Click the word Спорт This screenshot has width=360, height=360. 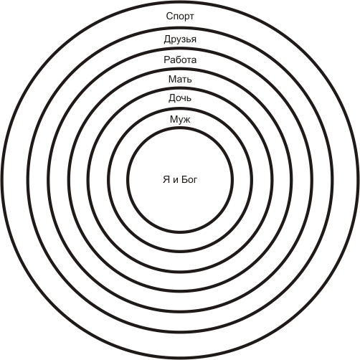180,16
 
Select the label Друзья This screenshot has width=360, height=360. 180,39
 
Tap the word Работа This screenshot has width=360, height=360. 180,60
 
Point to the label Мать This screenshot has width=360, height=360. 180,79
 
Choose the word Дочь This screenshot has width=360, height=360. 180,98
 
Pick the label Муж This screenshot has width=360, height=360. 180,119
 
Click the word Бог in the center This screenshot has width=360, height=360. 189,179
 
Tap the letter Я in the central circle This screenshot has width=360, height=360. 166,179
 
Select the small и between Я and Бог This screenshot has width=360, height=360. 176,181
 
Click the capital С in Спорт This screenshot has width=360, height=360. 169,16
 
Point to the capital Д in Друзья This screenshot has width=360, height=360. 168,39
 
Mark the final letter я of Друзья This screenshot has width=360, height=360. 194,40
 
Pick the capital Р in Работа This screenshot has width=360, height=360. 167,60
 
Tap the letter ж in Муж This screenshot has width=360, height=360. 186,120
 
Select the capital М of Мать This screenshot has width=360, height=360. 172,79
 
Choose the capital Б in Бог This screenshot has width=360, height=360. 184,179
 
